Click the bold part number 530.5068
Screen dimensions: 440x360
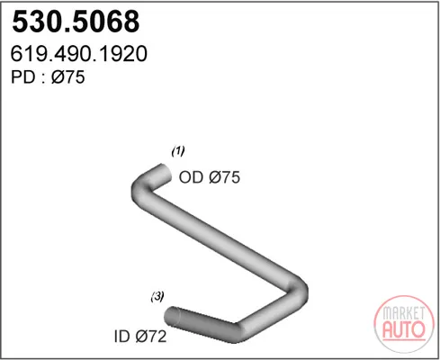pos(76,22)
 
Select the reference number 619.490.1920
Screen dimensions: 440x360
pos(79,54)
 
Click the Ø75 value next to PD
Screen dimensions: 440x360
pos(68,77)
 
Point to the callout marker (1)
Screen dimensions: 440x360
pos(178,151)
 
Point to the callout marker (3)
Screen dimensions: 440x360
pos(157,297)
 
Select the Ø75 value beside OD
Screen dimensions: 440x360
pos(225,177)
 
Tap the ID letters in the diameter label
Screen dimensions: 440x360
pos(122,337)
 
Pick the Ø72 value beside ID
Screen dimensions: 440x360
pos(151,337)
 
